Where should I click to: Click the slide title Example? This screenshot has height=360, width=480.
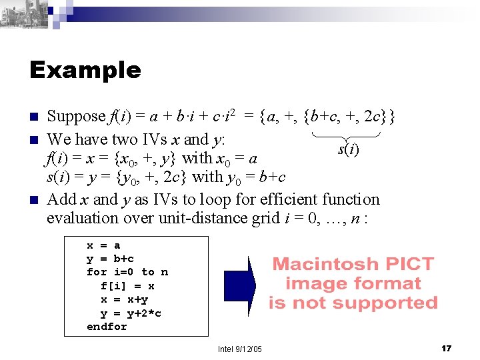pos(85,70)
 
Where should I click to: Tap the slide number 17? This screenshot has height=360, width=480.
pos(447,349)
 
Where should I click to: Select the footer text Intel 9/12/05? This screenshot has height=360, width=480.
pos(240,349)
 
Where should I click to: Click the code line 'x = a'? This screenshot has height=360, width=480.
pos(103,245)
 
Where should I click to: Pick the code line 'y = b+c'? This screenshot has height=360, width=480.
pos(110,259)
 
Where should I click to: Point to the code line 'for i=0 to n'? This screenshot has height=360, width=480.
pos(127,272)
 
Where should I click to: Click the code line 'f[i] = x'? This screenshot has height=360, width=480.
pos(127,286)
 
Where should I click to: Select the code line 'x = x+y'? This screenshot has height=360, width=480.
pos(124,299)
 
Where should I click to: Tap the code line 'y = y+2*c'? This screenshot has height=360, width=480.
pos(131,313)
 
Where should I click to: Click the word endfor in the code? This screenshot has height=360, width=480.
pos(107,327)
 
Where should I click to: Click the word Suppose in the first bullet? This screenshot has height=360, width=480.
pos(76,117)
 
